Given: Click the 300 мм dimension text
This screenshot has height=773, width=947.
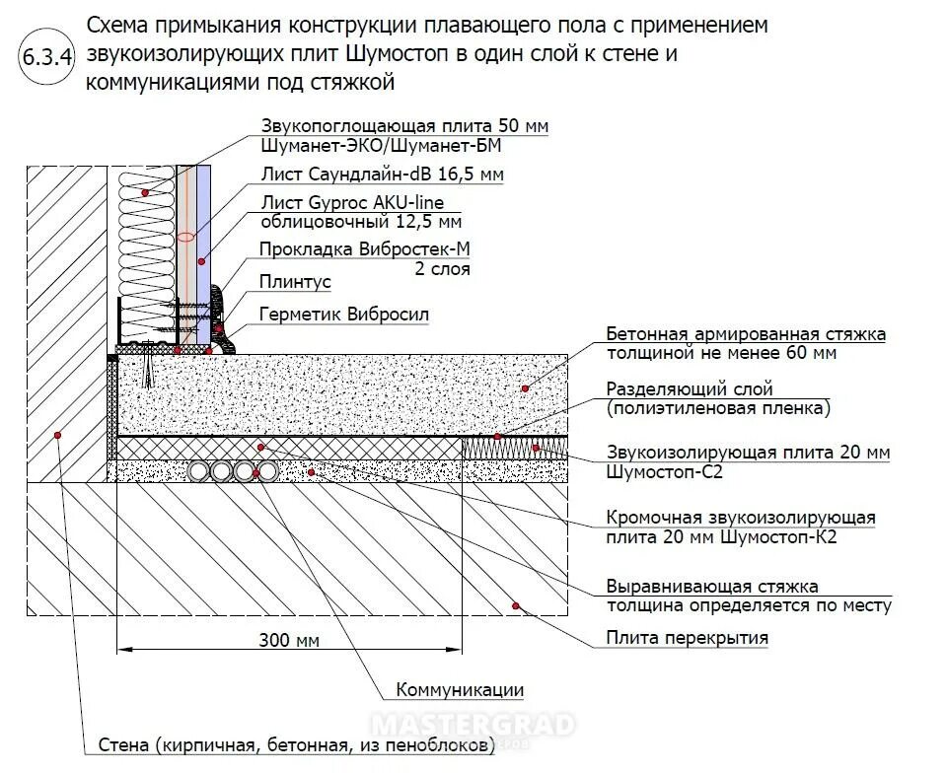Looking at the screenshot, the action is pos(289,641).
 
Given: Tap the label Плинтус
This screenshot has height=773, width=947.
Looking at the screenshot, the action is pos(294,282).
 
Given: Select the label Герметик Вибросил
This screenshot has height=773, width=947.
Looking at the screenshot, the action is pos(344,315).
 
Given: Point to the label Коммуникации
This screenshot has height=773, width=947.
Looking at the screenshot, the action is pos(460,690).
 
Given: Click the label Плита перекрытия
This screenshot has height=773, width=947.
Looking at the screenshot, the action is pos(687,638).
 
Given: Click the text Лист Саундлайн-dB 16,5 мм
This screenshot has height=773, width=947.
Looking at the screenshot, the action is pos(382,175).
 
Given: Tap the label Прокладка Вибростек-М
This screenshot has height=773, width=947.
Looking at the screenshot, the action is pos(364,249).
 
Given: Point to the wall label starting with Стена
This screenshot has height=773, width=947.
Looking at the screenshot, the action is pos(296,744).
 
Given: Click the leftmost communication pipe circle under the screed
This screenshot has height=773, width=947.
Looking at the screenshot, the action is pos(201,471).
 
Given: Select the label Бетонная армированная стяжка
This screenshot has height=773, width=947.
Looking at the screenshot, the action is pos(746,334).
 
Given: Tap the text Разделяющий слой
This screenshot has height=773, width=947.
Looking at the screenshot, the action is pos(690,389).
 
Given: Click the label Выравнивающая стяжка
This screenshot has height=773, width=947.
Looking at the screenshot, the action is pos(712,588).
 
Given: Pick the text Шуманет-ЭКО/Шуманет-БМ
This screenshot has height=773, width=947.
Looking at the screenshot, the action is pos(382,146).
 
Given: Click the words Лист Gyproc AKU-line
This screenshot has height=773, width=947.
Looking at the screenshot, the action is pos(351,202).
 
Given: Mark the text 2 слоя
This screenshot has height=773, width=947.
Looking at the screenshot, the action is pos(443,268).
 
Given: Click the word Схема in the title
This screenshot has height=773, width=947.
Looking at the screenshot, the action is pos(117,24).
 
